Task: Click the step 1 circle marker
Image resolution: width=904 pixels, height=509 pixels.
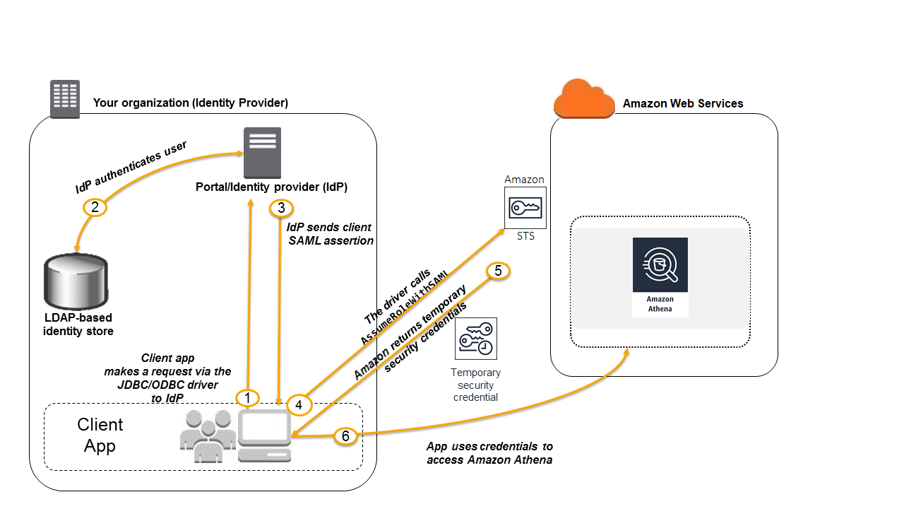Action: (247, 399)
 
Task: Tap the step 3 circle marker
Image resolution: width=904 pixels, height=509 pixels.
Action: (281, 209)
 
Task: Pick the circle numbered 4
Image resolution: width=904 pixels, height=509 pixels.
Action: (299, 404)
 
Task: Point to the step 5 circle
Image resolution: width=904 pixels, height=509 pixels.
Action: (498, 271)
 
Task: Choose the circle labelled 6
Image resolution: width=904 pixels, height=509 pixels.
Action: (345, 436)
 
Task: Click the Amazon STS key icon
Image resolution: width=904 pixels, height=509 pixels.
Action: (525, 208)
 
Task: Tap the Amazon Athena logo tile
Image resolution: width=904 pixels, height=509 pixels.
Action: (660, 276)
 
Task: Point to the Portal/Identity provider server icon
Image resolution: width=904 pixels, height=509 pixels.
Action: (262, 153)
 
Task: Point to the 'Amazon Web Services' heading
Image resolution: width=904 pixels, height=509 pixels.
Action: (682, 104)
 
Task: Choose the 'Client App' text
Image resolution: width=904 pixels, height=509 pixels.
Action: (100, 435)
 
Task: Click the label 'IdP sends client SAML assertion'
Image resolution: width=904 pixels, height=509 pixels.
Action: (330, 234)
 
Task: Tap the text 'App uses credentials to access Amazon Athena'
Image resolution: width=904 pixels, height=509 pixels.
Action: (489, 453)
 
